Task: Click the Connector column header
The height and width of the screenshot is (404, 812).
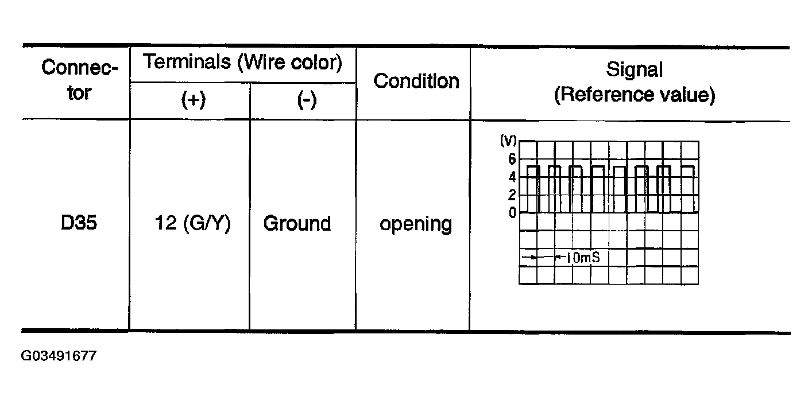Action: pos(79,80)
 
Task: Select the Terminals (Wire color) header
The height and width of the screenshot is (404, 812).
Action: pos(242,62)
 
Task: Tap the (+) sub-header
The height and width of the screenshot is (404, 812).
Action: pos(193,100)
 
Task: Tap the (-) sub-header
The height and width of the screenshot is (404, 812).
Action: pos(307,100)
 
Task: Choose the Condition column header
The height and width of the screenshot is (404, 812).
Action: pos(416,81)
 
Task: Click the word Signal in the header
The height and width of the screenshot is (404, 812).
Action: pos(634,70)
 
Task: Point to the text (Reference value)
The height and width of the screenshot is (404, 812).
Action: pos(634,95)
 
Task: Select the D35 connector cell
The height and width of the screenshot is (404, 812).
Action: pos(79,223)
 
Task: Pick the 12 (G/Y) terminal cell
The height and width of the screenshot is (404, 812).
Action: pos(193,223)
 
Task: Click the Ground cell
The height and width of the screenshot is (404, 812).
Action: pos(297,223)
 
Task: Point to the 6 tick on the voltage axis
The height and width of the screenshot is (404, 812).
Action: pos(512,159)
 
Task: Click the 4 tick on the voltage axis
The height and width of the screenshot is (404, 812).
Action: pos(512,177)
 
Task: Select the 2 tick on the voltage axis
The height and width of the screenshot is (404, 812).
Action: pos(512,195)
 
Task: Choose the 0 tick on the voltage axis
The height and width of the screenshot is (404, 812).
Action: pos(512,213)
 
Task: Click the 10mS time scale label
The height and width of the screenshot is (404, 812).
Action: pos(582,258)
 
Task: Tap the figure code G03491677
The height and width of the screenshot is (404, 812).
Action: pos(59,356)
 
